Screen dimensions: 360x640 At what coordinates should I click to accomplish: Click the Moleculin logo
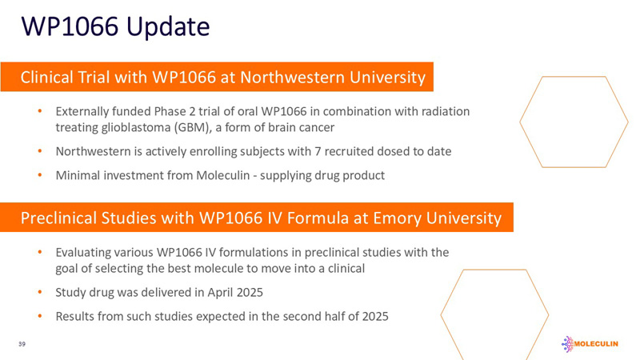click(597, 342)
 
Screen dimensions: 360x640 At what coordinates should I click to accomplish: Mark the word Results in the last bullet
click(76, 316)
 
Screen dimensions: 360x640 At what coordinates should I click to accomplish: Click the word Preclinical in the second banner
click(58, 218)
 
